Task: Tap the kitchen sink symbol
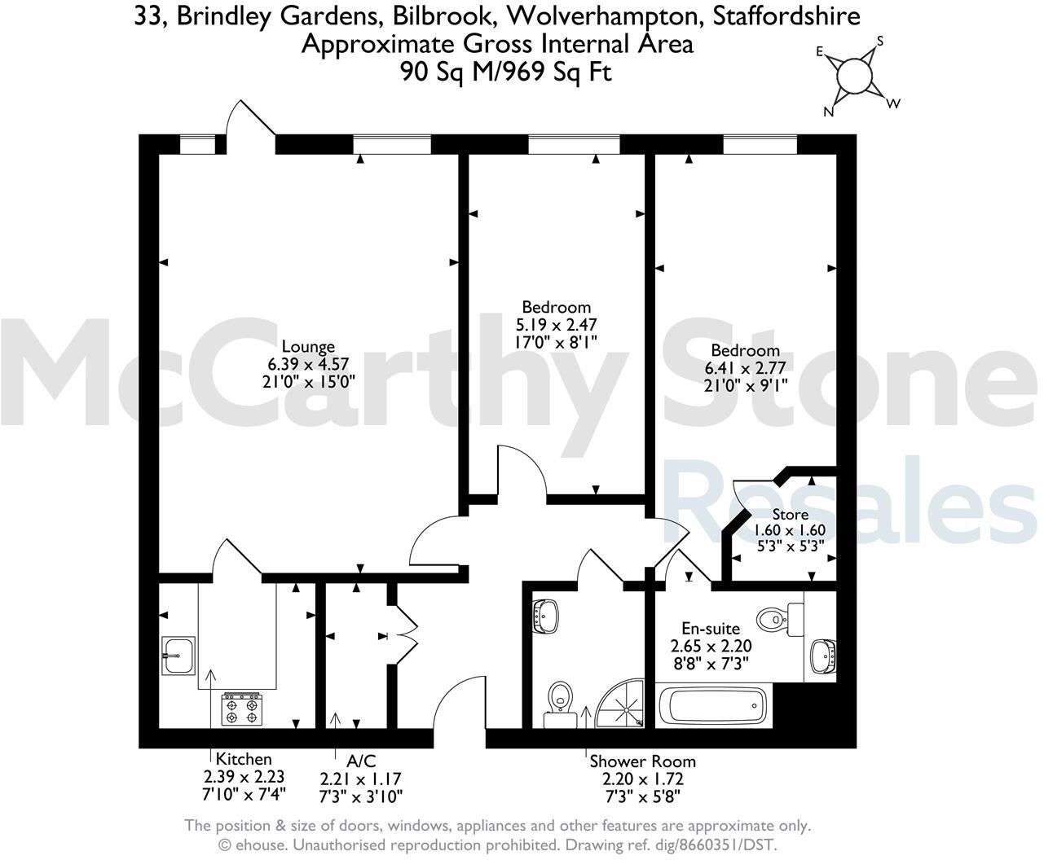177,655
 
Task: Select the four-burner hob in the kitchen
242,708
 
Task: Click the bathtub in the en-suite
711,706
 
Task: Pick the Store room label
790,515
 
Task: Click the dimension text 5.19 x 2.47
556,325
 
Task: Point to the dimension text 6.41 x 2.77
745,368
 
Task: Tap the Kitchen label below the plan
244,759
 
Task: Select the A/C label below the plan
361,761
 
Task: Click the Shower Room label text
642,761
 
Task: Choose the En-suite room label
711,629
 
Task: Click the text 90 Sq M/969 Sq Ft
505,72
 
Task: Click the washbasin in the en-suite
823,654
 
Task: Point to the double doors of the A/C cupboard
405,627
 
